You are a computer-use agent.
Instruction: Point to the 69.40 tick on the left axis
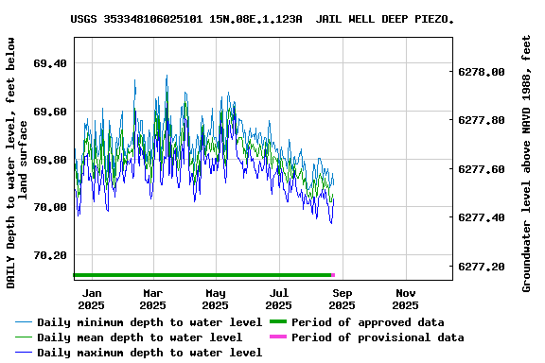49,63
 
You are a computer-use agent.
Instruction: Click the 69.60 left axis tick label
49,112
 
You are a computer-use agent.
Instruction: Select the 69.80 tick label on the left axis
49,160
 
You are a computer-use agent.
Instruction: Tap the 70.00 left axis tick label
49,207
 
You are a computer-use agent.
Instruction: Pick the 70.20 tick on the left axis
49,255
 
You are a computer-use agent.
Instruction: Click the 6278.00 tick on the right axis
481,72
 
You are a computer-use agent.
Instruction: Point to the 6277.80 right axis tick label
481,121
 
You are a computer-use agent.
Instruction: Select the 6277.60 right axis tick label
481,169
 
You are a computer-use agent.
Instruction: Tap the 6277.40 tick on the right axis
481,218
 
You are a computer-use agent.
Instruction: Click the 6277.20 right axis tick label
481,268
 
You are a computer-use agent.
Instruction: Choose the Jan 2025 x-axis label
91,299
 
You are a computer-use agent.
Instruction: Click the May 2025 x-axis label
215,299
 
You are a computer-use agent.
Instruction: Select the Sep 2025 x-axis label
342,299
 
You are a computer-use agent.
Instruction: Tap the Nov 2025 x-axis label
405,299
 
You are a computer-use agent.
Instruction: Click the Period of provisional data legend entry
378,337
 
